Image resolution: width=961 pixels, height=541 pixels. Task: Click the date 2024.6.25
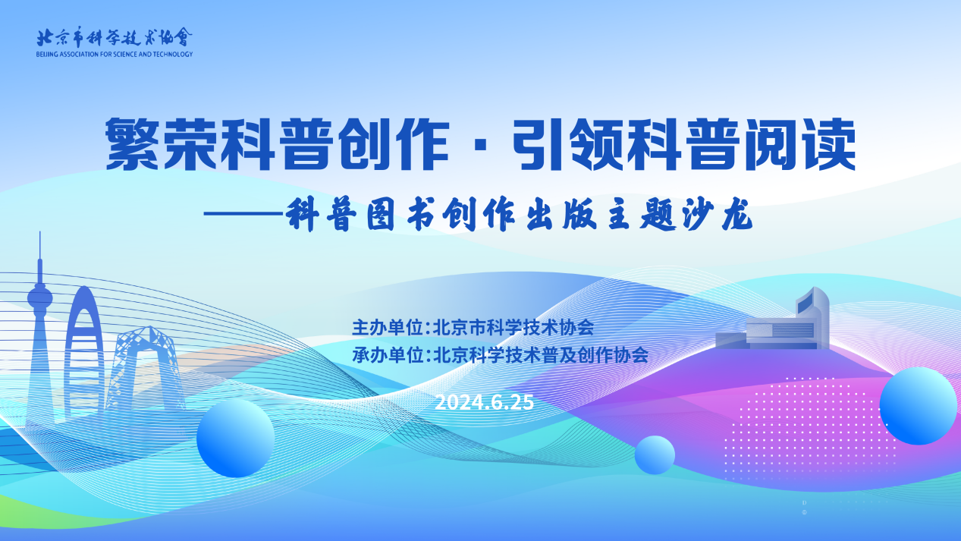485,402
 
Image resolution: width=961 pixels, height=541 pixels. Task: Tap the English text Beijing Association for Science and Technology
115,54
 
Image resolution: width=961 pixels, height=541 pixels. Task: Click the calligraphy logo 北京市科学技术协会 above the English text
115,37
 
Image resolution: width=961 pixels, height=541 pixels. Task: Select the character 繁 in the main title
132,145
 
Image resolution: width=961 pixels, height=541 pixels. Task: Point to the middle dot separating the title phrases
481,146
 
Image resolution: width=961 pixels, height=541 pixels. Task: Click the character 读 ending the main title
829,145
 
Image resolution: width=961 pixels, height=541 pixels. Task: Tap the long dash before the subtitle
243,213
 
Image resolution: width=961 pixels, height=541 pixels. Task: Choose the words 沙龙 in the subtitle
717,215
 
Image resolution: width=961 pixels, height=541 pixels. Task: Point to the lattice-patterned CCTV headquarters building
145,369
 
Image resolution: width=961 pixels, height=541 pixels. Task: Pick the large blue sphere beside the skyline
236,438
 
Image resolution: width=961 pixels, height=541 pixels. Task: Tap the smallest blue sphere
655,455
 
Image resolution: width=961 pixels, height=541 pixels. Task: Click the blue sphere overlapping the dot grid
918,406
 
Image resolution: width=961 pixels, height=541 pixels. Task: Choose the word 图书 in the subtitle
400,215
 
